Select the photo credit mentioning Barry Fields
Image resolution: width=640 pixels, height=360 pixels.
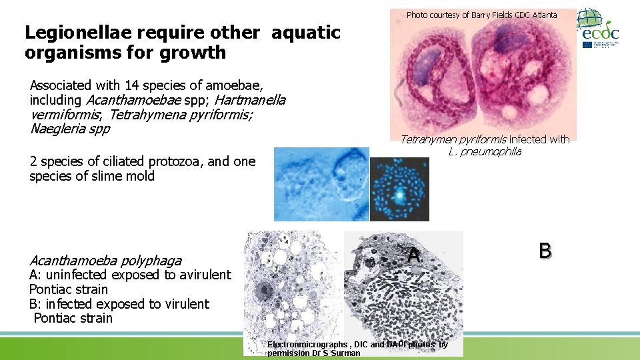tap(481, 14)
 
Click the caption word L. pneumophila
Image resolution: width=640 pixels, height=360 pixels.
tap(485, 151)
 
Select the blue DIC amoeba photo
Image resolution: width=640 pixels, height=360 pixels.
tap(321, 184)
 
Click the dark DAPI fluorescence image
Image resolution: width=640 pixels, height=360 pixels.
tap(399, 189)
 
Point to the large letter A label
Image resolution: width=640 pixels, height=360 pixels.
tap(414, 254)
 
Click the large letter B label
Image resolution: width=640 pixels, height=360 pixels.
tap(545, 251)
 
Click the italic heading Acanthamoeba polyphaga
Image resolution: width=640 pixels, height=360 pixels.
tap(105, 261)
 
